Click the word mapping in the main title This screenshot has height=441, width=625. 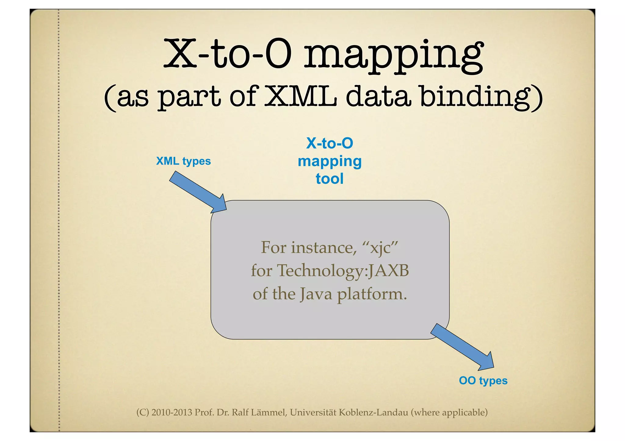pos(394,56)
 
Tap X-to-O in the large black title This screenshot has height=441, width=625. pos(227,54)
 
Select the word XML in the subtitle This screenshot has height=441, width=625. pos(301,96)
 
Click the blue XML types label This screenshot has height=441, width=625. pos(183,161)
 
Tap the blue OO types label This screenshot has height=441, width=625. pos(483,381)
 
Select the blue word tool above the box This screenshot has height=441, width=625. pos(330,179)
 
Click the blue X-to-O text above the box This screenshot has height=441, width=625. pos(330,143)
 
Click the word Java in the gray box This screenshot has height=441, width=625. pos(316,294)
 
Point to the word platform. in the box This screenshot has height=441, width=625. pos(372,295)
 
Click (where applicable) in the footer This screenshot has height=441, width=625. pos(449,412)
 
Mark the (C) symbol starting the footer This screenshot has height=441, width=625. pos(143,412)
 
